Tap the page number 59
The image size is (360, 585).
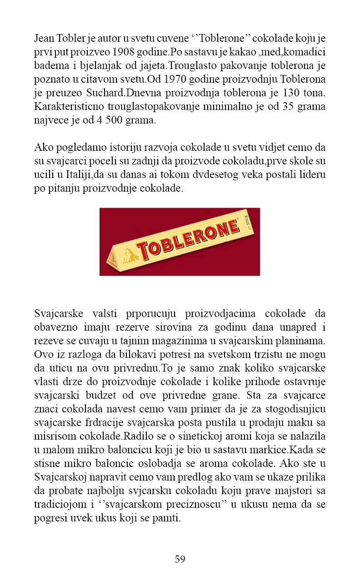pyautogui.click(x=180, y=559)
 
